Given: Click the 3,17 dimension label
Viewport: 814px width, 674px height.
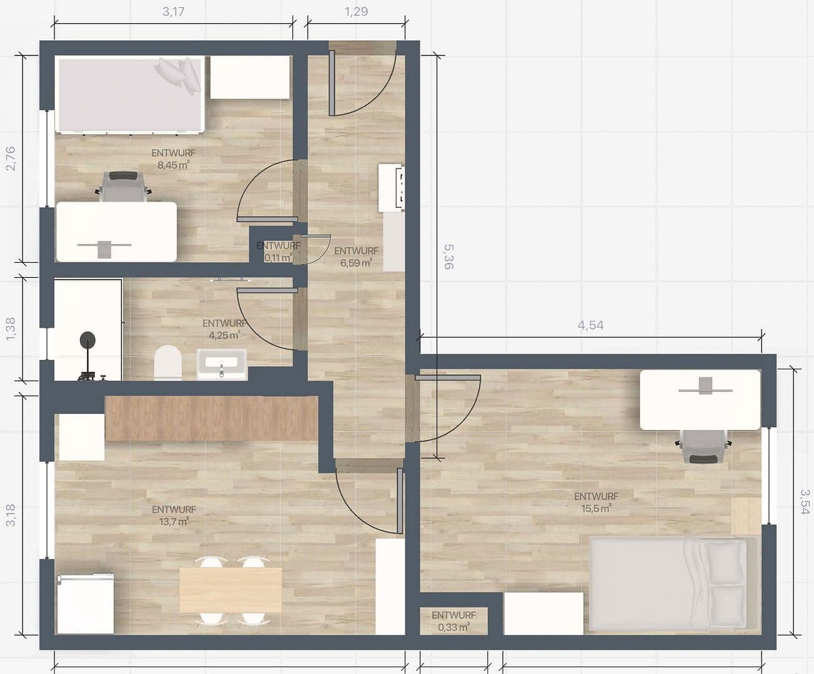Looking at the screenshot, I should (173, 11).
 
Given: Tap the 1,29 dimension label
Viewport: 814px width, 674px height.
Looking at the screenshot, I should (356, 11).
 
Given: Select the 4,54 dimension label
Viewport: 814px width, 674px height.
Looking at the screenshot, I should (590, 325).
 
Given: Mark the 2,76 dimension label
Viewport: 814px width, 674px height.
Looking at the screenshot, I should (11, 159).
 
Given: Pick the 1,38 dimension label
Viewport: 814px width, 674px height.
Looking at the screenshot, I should (11, 329).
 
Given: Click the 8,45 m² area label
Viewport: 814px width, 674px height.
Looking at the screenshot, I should (174, 165).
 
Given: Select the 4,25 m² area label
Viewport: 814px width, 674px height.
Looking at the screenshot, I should (224, 335).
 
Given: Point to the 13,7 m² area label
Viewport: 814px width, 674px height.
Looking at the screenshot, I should (174, 522).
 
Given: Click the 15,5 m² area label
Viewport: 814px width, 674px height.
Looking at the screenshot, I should (596, 508).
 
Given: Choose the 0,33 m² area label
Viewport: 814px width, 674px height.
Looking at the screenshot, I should (454, 627).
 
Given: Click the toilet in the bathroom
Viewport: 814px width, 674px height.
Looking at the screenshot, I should (167, 363).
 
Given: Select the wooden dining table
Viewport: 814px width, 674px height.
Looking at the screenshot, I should (231, 589).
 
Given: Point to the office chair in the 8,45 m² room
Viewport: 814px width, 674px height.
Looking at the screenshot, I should (124, 187).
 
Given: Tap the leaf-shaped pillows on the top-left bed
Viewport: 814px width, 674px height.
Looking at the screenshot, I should (181, 74).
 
